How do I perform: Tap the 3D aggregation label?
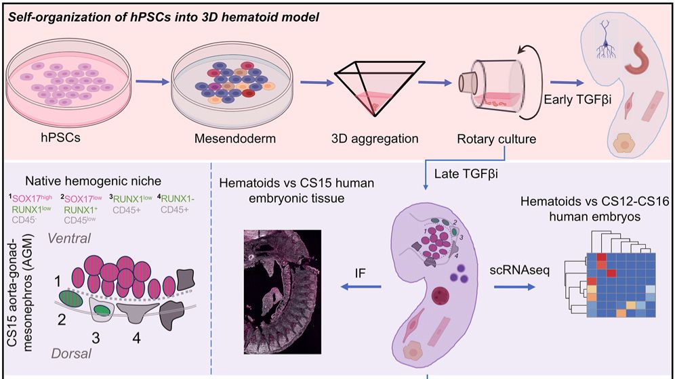374,139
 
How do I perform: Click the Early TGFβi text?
577,100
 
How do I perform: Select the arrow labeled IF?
361,288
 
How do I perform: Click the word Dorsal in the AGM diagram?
71,353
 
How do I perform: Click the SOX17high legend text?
28,198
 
